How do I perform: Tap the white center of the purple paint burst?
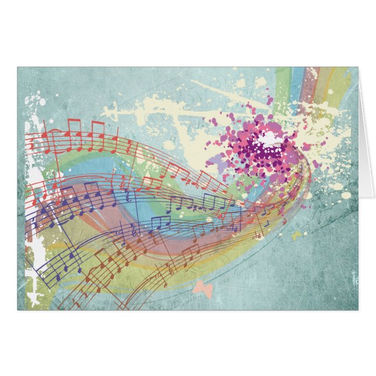[269, 138]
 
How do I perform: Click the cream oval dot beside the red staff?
[169, 144]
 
